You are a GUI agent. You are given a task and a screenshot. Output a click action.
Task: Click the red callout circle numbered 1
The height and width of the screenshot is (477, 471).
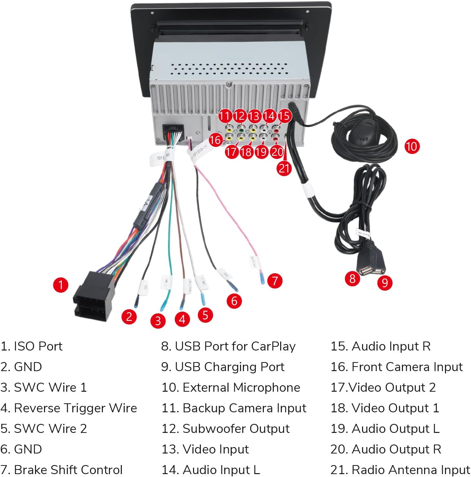coord(61,285)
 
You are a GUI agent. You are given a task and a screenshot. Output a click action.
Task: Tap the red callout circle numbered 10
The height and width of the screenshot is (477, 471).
coord(412,146)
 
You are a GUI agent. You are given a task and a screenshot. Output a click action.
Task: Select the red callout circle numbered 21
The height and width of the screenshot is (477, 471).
coord(284,168)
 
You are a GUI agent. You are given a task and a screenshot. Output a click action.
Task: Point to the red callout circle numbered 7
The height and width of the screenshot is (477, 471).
coord(275,281)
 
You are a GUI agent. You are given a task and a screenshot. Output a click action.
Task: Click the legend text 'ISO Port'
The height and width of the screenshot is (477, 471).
coord(31,346)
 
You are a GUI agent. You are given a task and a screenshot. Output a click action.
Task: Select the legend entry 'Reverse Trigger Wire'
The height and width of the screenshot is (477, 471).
coord(69,408)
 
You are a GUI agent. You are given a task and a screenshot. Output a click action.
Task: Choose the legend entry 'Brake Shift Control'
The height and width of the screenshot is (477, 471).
coord(62,470)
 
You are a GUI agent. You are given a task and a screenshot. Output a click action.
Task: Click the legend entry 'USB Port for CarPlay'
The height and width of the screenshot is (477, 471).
coord(228,346)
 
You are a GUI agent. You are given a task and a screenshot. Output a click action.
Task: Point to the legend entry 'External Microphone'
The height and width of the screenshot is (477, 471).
coord(231,388)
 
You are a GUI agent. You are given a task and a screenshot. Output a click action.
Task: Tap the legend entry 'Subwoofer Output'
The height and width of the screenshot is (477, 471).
coord(226,429)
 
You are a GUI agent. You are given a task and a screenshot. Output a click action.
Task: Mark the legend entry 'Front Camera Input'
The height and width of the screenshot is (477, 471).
coord(396,367)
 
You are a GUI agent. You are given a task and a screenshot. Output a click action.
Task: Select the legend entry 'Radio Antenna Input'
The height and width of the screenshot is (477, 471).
coord(400,470)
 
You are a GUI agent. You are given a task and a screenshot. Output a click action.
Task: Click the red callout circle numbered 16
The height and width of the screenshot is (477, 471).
coord(215,140)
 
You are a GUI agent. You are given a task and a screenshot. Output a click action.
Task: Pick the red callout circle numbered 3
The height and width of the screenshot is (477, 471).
coord(158,321)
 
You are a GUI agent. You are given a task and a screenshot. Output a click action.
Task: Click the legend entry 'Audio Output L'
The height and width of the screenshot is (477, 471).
coord(385,429)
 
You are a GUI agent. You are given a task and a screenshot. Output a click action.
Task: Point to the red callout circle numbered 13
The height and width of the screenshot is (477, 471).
coord(254,116)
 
